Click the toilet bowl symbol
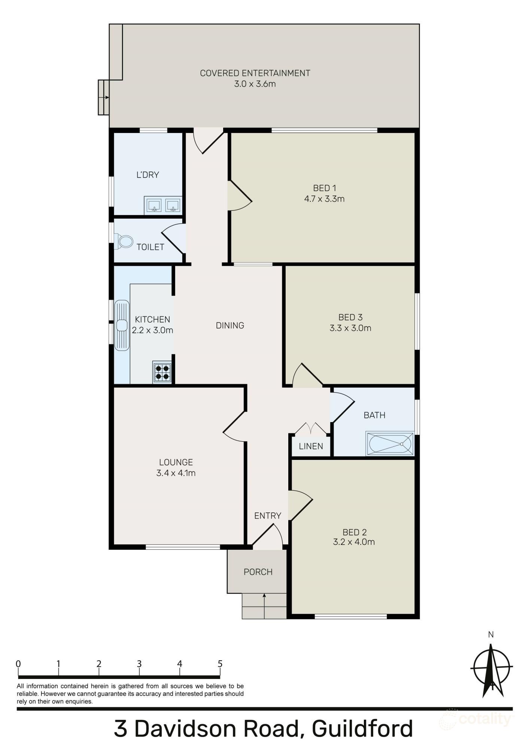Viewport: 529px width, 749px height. coord(124,242)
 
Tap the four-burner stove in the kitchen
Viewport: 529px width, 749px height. coord(162,372)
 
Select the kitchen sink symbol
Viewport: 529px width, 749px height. coord(122,325)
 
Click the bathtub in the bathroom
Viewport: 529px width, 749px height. coord(390,444)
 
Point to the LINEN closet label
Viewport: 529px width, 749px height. coord(311,446)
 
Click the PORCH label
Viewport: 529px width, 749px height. coord(258,572)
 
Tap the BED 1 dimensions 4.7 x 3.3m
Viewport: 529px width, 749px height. coord(324,199)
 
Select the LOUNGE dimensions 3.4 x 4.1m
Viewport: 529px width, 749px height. coord(176,473)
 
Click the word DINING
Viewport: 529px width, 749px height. coord(230,325)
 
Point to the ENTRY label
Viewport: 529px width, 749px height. coord(267,516)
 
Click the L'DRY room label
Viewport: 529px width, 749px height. coord(148,175)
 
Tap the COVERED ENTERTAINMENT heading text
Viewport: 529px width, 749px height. coord(255,73)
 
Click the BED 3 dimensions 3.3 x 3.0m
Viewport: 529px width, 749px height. coord(350,328)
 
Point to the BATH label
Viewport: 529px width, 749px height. coord(374,415)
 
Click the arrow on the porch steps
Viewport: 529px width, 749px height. coord(264,604)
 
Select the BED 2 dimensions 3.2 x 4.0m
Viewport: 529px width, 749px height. coord(354,542)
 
